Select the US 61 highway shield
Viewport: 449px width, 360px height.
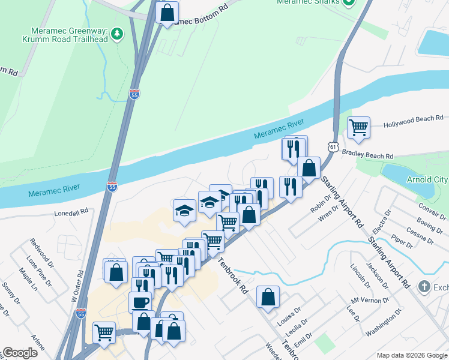[x=333, y=146]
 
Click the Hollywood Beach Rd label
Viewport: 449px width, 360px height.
[x=414, y=119]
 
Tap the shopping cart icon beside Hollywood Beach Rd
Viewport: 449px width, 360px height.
[x=358, y=127]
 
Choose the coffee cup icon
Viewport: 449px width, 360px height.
[x=140, y=301]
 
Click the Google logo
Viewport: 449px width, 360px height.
[x=20, y=353]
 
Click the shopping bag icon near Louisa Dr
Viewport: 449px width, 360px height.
[x=268, y=296]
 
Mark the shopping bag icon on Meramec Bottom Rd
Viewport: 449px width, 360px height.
[x=167, y=12]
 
